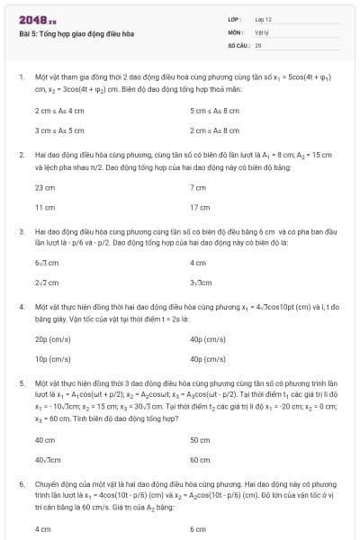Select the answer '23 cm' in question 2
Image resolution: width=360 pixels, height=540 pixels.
pyautogui.click(x=44, y=187)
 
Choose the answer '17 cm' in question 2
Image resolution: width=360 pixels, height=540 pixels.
pyautogui.click(x=199, y=207)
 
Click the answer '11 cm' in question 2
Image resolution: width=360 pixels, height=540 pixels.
pyautogui.click(x=44, y=207)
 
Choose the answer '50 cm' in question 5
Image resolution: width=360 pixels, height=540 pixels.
pyautogui.click(x=200, y=440)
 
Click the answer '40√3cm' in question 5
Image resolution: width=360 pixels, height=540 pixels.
pyautogui.click(x=48, y=460)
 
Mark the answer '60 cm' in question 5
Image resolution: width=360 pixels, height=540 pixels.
pyautogui.click(x=200, y=460)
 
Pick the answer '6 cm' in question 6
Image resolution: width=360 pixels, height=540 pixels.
pyautogui.click(x=198, y=529)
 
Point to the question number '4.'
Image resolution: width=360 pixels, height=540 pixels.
pyautogui.click(x=20, y=306)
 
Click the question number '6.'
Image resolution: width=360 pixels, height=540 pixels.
pyautogui.click(x=20, y=482)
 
